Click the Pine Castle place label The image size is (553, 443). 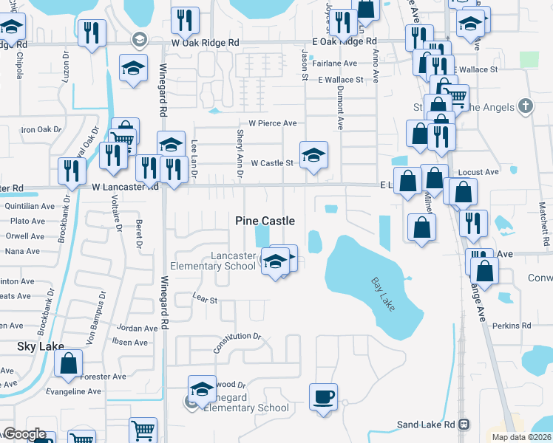(265, 221)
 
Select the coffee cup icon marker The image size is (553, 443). (323, 397)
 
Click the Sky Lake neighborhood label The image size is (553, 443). (40, 346)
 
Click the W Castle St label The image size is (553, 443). (273, 162)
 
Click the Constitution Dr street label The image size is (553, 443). (237, 343)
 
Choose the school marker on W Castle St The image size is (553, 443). (313, 155)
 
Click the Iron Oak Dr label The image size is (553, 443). (41, 130)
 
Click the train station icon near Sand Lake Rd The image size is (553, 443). (464, 425)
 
